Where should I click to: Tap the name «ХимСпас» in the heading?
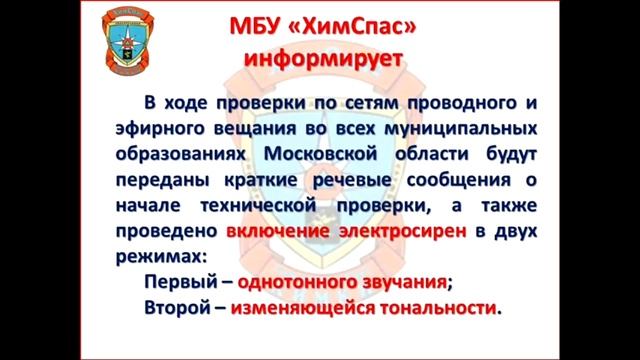pos(356,24)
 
